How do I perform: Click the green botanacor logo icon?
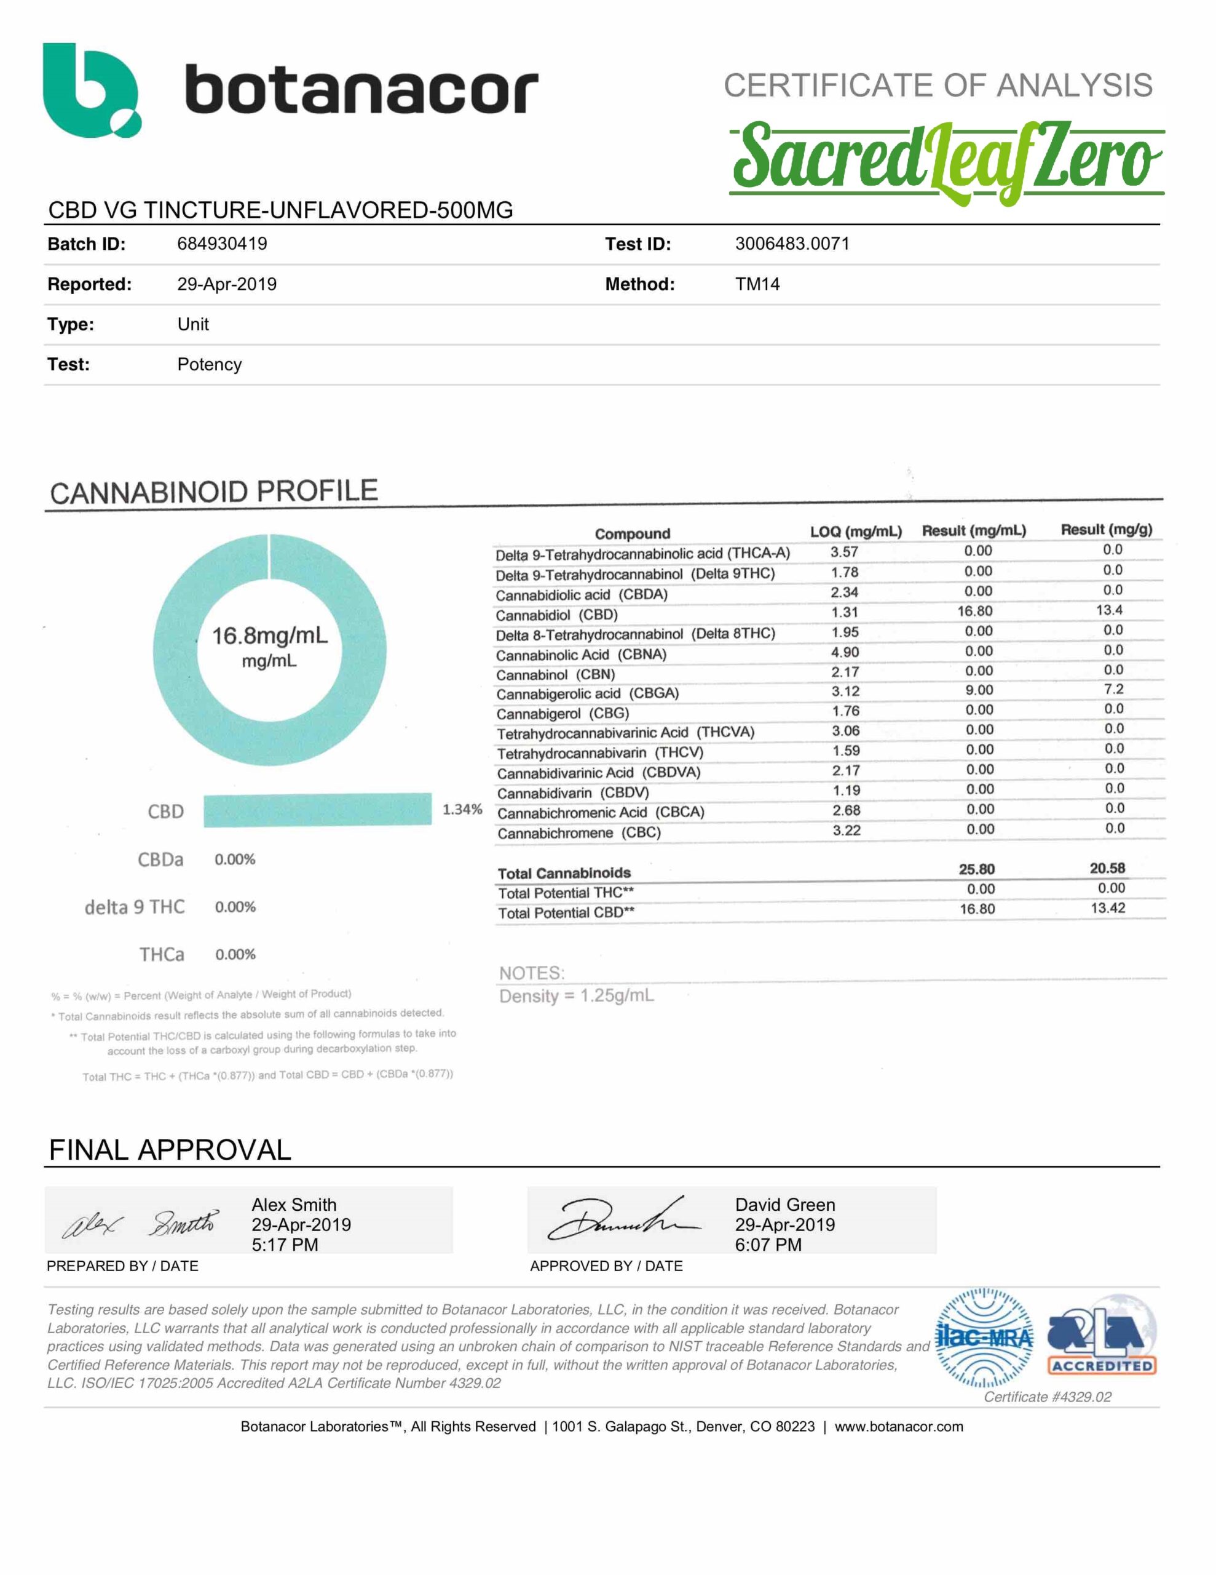pos(91,90)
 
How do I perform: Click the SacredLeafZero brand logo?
pos(946,161)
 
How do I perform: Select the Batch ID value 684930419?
pos(222,244)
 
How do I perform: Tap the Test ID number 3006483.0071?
pos(792,244)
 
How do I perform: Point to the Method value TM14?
pos(757,284)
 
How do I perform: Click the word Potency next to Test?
pos(209,364)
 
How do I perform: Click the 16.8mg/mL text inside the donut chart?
pos(270,636)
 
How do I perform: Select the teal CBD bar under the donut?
pos(317,810)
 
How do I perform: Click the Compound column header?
pos(632,533)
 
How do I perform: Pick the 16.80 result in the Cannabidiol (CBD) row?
pos(975,612)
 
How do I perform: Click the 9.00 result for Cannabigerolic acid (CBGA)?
pos(979,690)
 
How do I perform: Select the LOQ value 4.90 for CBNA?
pos(845,652)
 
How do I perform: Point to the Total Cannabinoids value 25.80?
pos(977,869)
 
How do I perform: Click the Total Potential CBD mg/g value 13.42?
pos(1108,908)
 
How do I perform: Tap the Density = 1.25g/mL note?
pos(577,996)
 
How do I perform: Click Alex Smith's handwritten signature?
pos(141,1224)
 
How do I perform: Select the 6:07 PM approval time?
pos(768,1245)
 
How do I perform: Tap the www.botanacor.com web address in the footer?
pos(899,1427)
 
